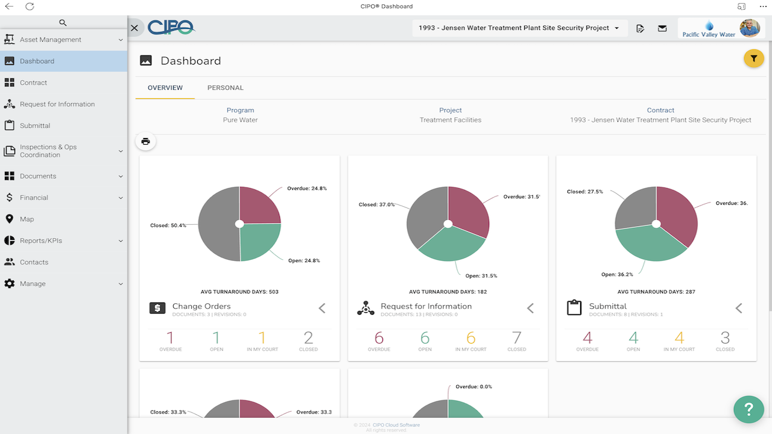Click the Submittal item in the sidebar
tap(35, 125)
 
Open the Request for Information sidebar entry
tap(57, 104)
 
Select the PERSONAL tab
tap(225, 88)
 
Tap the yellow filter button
tap(753, 58)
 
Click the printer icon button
tap(145, 142)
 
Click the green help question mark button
tap(748, 409)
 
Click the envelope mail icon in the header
tap(662, 28)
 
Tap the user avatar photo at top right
tap(750, 28)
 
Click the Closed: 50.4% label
tap(168, 225)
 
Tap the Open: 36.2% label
tap(617, 274)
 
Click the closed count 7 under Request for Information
tap(516, 338)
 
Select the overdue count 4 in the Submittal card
tap(587, 338)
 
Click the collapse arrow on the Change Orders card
tap(322, 308)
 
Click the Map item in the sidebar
tap(27, 219)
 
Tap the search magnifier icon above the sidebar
tap(63, 23)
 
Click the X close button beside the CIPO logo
tap(134, 28)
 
